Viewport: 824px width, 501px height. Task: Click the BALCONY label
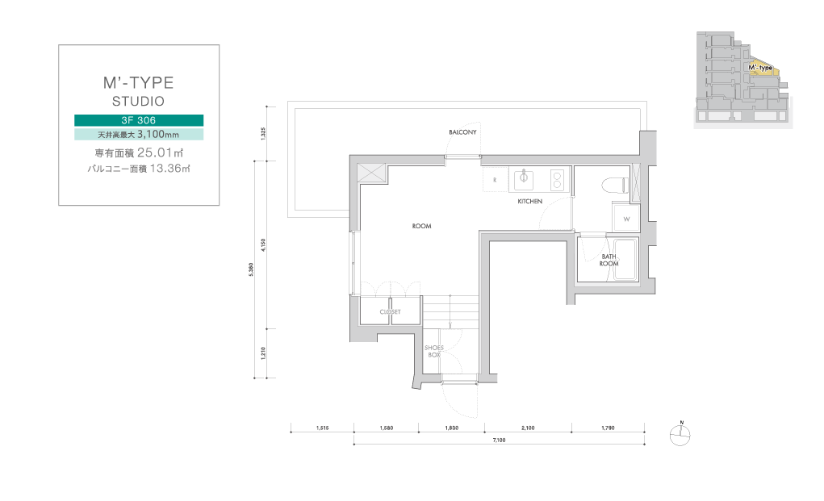462,132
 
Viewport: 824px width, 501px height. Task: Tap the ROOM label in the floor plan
421,227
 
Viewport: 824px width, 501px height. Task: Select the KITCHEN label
529,201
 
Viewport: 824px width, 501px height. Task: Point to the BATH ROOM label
609,260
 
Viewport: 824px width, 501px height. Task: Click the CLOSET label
390,312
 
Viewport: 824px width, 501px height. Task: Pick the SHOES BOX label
434,351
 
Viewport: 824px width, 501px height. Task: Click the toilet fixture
615,185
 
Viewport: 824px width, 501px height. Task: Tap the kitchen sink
524,179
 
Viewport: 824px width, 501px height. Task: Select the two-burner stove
557,179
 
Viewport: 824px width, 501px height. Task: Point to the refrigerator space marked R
495,180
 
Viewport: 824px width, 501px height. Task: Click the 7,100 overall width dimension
499,440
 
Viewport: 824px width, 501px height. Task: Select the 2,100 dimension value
528,428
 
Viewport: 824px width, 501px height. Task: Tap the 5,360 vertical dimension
251,269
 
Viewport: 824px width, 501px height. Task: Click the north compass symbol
680,435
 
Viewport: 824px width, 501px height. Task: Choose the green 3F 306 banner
139,120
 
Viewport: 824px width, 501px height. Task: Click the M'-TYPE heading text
138,82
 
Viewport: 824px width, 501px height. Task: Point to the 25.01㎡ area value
161,152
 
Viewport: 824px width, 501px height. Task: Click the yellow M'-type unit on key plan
763,69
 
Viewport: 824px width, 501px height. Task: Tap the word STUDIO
138,102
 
